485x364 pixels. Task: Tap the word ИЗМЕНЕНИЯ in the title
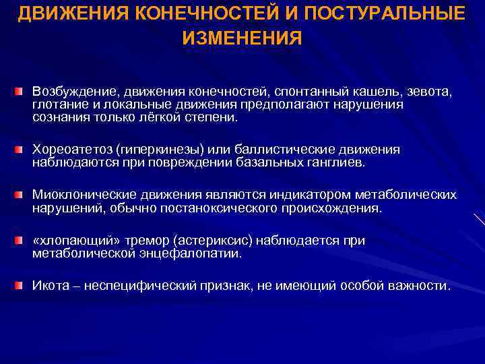click(x=242, y=38)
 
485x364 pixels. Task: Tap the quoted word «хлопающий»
click(x=69, y=241)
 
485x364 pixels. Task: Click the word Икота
click(x=50, y=286)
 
